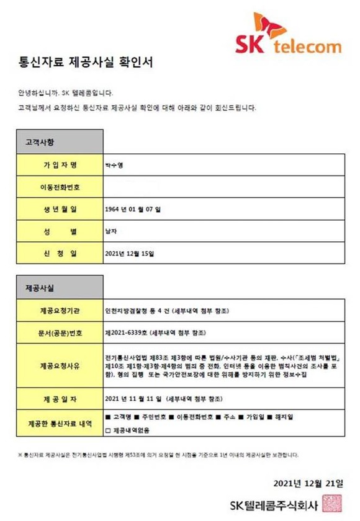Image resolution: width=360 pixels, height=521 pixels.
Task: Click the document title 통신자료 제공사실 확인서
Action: (85, 63)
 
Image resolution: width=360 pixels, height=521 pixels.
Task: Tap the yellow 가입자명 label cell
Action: (60, 165)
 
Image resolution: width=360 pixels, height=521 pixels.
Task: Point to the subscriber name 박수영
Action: (115, 165)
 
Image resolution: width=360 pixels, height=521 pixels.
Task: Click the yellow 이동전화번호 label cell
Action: (60, 187)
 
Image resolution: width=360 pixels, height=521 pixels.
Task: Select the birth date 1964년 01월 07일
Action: (133, 210)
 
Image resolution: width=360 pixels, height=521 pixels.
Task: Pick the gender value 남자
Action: (113, 231)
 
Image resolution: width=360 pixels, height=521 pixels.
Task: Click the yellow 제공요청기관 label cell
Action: (60, 311)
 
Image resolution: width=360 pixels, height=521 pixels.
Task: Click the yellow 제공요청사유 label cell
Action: (60, 366)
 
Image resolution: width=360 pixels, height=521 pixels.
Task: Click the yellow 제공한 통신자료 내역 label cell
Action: (60, 424)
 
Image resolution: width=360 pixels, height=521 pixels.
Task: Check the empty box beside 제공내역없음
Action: (109, 430)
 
